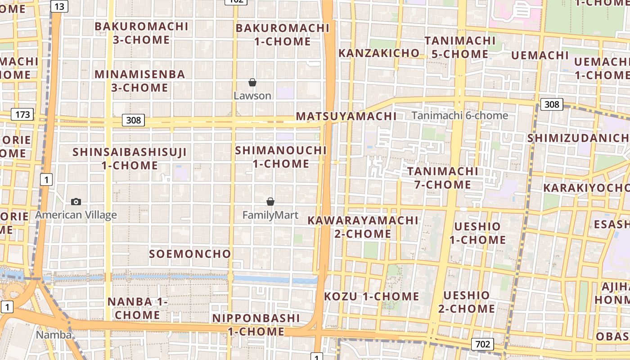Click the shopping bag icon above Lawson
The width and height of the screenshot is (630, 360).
pyautogui.click(x=252, y=82)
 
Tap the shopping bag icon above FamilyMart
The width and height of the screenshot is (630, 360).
pyautogui.click(x=270, y=202)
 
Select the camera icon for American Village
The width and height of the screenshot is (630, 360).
pyautogui.click(x=76, y=202)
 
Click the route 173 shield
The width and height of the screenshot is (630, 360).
pyautogui.click(x=22, y=114)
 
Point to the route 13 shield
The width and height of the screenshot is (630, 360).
pyautogui.click(x=59, y=6)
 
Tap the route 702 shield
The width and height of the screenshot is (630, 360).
pyautogui.click(x=482, y=344)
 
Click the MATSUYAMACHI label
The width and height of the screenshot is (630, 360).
pyautogui.click(x=346, y=116)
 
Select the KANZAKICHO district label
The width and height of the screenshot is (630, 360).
pyautogui.click(x=378, y=53)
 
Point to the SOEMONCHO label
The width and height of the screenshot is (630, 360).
pyautogui.click(x=190, y=254)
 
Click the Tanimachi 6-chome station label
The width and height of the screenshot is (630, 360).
pyautogui.click(x=459, y=116)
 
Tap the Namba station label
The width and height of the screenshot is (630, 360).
pyautogui.click(x=54, y=335)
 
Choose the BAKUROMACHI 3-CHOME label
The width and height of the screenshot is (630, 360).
pyautogui.click(x=141, y=33)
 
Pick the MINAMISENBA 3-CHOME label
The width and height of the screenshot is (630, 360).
pyautogui.click(x=139, y=81)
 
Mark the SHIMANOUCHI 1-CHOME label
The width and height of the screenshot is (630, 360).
pyautogui.click(x=281, y=157)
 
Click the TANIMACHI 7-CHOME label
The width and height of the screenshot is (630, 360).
pyautogui.click(x=443, y=178)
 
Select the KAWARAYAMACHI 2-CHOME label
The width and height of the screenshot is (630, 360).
pyautogui.click(x=363, y=227)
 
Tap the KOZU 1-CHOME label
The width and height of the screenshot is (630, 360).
pyautogui.click(x=371, y=297)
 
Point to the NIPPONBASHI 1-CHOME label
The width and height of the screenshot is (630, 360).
pyautogui.click(x=256, y=325)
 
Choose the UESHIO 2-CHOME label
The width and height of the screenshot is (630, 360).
pyautogui.click(x=467, y=302)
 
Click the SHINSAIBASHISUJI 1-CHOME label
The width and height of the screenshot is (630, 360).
pyautogui.click(x=130, y=159)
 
